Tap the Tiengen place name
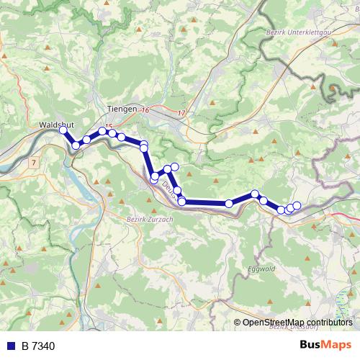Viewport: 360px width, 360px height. (x=121, y=108)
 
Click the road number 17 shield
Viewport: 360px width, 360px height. (x=181, y=114)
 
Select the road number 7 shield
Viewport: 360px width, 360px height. (x=33, y=163)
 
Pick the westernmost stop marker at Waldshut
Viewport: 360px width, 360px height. (x=63, y=130)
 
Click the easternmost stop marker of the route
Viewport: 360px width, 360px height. (x=297, y=206)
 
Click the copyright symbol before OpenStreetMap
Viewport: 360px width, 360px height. (x=237, y=323)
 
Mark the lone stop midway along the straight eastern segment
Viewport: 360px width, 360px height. (x=229, y=204)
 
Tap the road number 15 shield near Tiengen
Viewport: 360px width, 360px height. (x=109, y=127)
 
